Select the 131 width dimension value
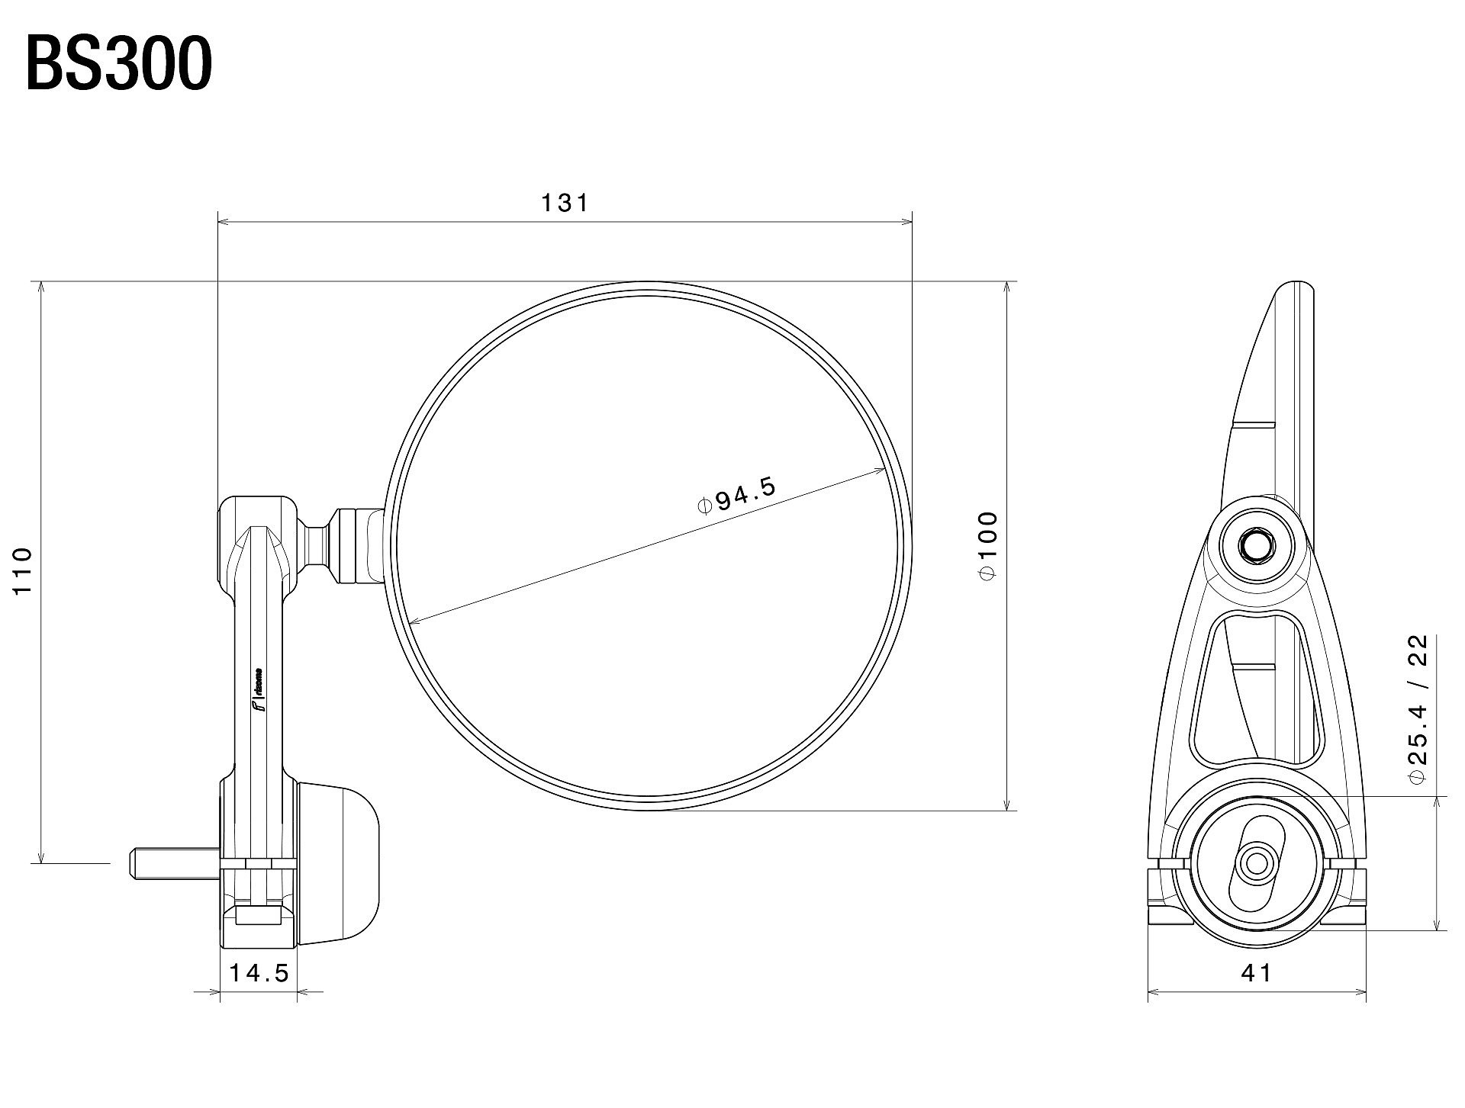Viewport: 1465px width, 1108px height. [x=565, y=203]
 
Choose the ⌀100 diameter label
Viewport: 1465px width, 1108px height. [x=987, y=546]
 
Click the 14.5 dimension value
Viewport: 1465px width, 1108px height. [x=259, y=973]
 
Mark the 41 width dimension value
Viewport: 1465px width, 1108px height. [x=1257, y=972]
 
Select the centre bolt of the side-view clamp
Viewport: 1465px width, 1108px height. [x=1256, y=864]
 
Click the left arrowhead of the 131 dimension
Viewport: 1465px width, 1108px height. [x=224, y=223]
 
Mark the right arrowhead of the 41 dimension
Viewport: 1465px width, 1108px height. [x=1360, y=992]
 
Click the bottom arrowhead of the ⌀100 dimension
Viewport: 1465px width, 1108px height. [x=1008, y=804]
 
